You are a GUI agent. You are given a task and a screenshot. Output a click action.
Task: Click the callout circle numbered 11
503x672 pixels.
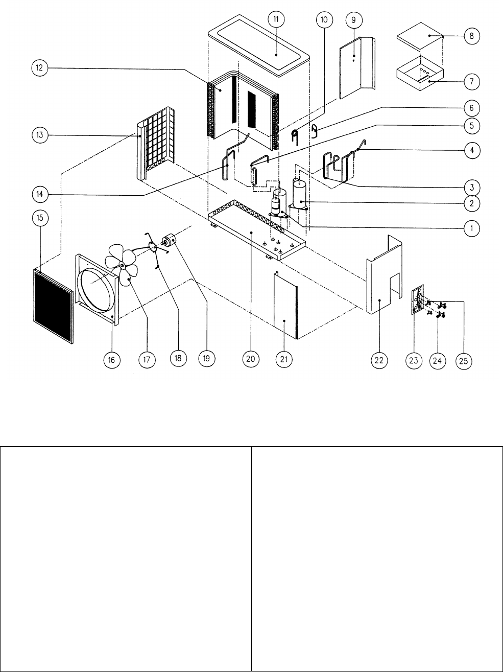point(276,19)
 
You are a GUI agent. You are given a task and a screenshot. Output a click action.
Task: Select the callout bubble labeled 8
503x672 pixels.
point(471,36)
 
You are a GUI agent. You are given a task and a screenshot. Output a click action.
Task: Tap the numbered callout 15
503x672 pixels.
point(40,218)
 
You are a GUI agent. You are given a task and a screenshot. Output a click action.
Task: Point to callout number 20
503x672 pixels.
point(251,359)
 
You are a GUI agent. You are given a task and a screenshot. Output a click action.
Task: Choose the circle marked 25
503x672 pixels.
point(464,361)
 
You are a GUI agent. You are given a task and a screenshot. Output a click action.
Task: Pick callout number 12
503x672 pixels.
point(40,67)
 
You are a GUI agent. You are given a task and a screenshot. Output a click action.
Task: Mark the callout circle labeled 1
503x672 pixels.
point(471,228)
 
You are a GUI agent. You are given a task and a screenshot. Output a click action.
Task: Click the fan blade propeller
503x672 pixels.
point(122,265)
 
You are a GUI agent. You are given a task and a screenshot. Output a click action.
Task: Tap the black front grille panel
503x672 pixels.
point(53,306)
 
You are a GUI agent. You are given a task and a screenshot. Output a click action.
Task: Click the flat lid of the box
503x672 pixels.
point(420,36)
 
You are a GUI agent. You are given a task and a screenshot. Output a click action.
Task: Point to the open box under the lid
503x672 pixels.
point(420,73)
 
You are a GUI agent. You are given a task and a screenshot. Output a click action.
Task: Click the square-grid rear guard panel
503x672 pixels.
point(156,145)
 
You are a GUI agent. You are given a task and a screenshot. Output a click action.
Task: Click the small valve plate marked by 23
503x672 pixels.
point(417,299)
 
